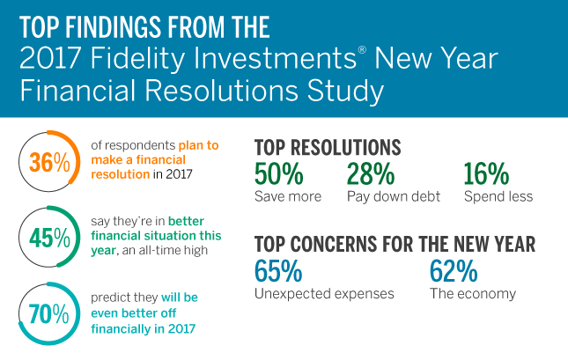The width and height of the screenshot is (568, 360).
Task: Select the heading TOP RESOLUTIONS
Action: (328, 147)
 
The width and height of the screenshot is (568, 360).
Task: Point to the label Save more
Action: (288, 195)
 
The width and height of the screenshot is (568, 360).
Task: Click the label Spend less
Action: (498, 195)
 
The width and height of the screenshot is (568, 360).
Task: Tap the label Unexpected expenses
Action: (323, 293)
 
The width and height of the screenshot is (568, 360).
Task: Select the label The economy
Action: (472, 293)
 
